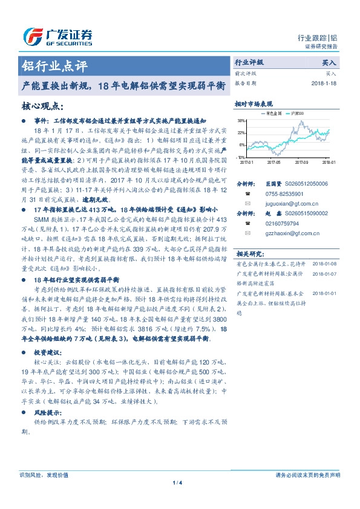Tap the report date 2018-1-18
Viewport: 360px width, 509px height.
pos(326,83)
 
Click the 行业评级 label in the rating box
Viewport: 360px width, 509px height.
pos(249,62)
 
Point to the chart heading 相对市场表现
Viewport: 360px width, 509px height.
pos(254,104)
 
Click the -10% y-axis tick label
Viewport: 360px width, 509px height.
pos(241,157)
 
